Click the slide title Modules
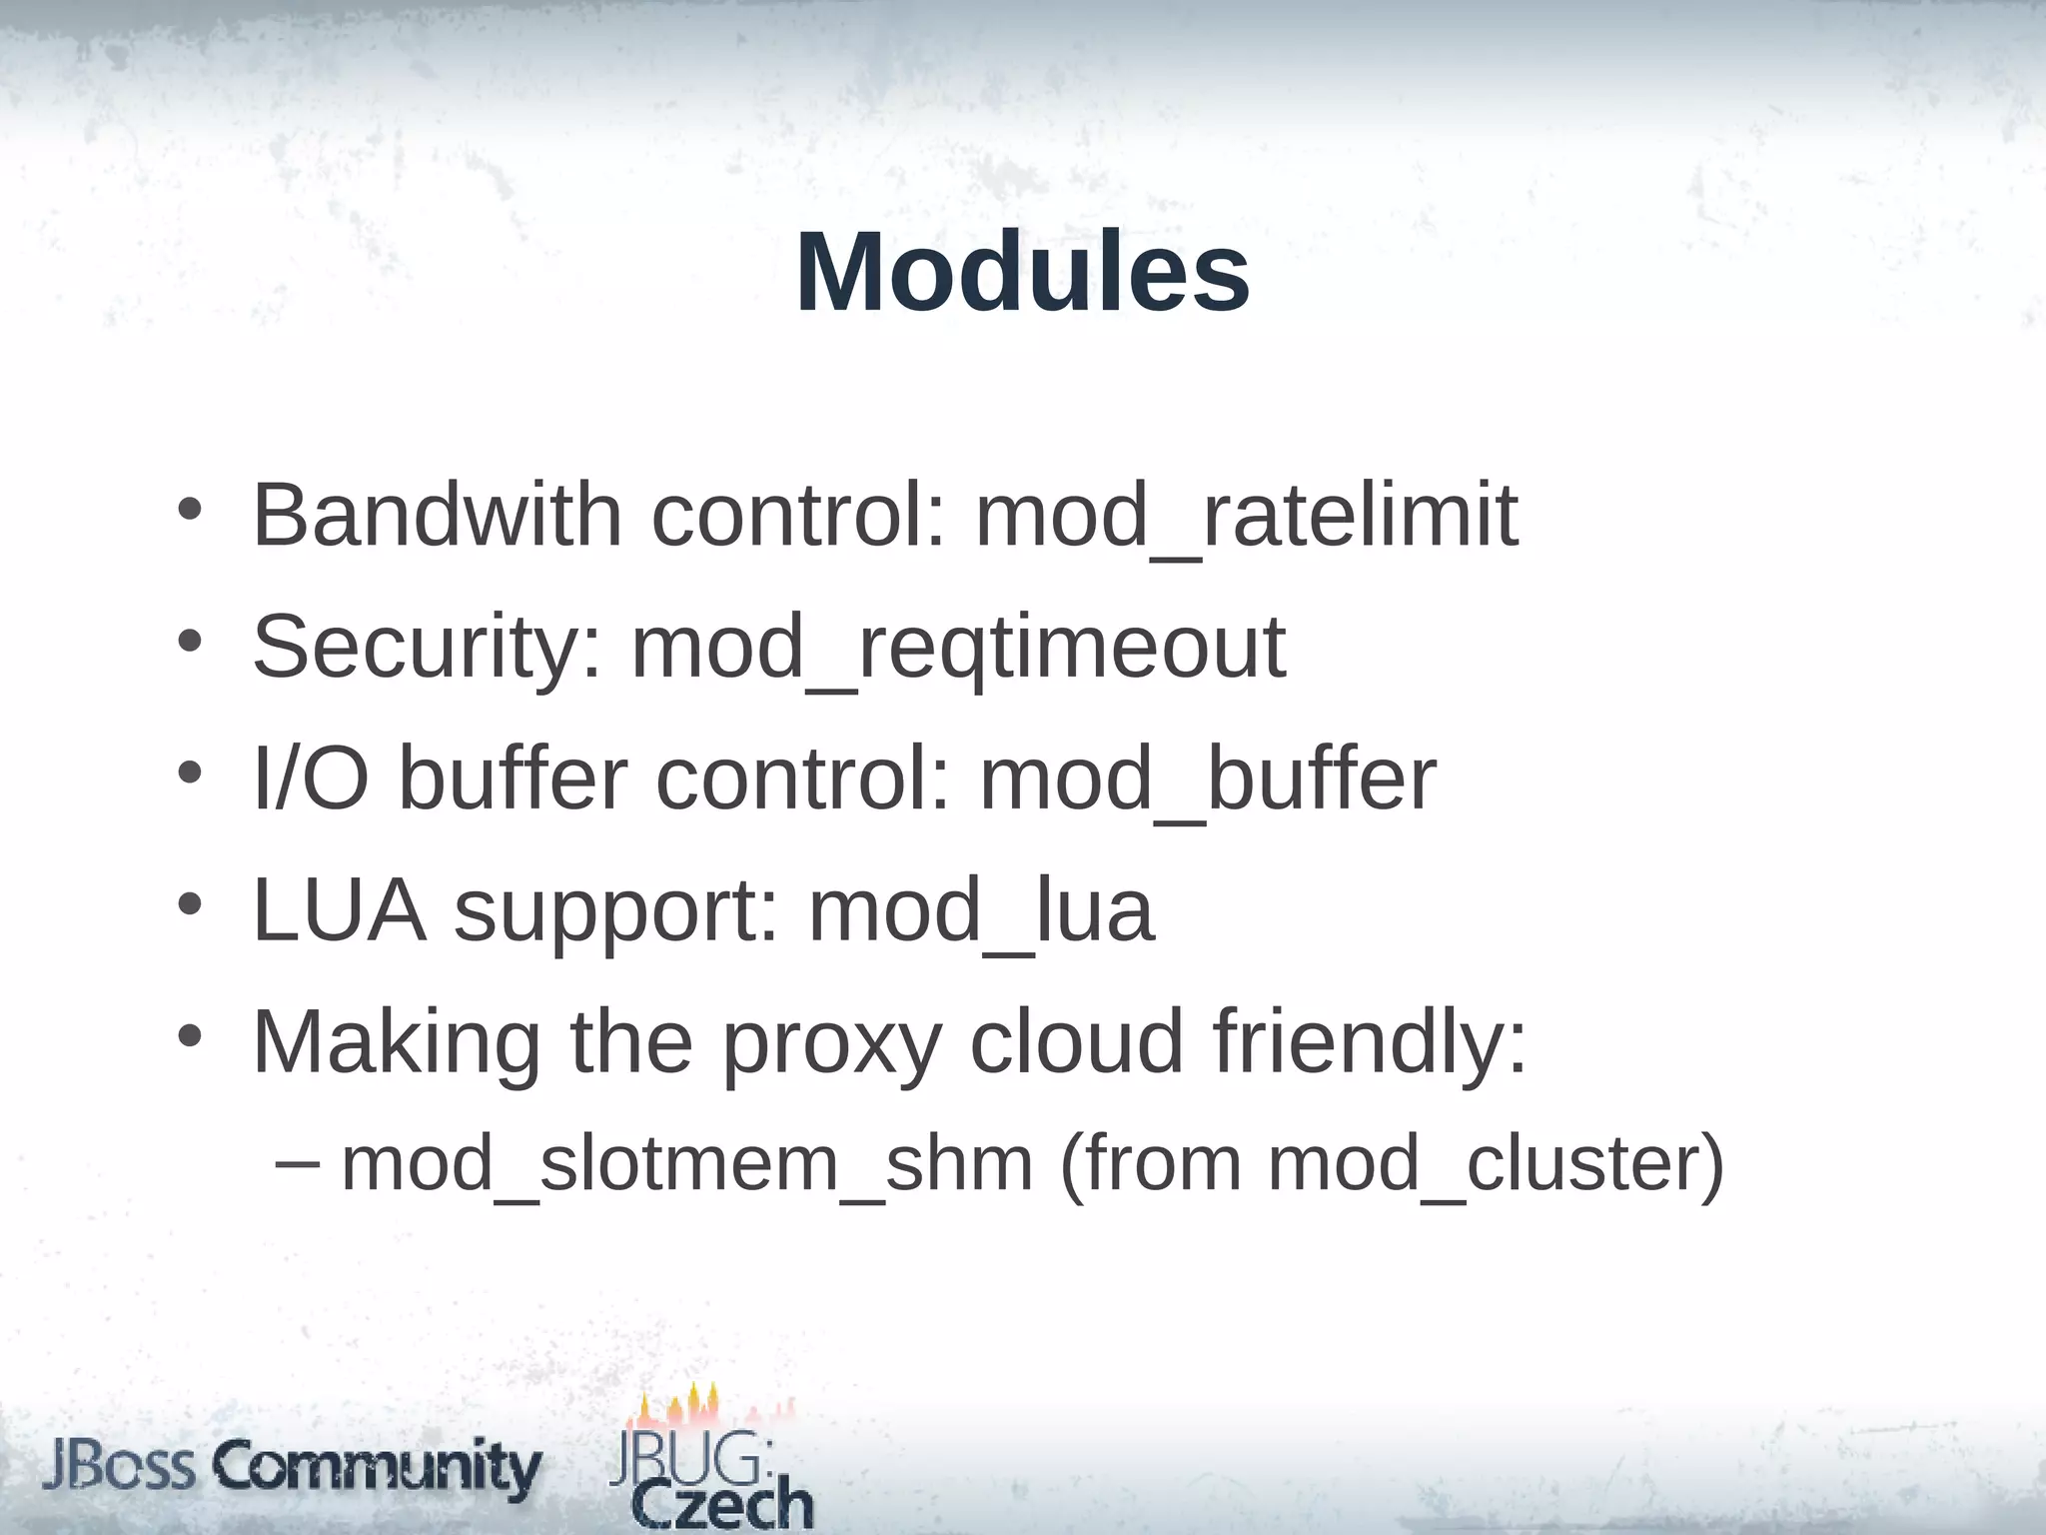pyautogui.click(x=1022, y=273)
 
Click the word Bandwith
pyautogui.click(x=438, y=516)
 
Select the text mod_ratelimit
pyautogui.click(x=1246, y=518)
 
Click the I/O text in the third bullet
pyautogui.click(x=311, y=779)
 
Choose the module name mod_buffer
pyautogui.click(x=1208, y=780)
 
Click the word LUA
pyautogui.click(x=340, y=910)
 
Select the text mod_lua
pyautogui.click(x=981, y=912)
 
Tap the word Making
pyautogui.click(x=397, y=1044)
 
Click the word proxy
pyautogui.click(x=831, y=1044)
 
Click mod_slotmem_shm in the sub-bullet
pyautogui.click(x=686, y=1165)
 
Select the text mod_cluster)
pyautogui.click(x=1496, y=1165)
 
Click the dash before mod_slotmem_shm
pyautogui.click(x=297, y=1162)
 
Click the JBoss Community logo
pyautogui.click(x=291, y=1469)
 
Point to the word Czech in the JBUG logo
pyautogui.click(x=723, y=1505)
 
